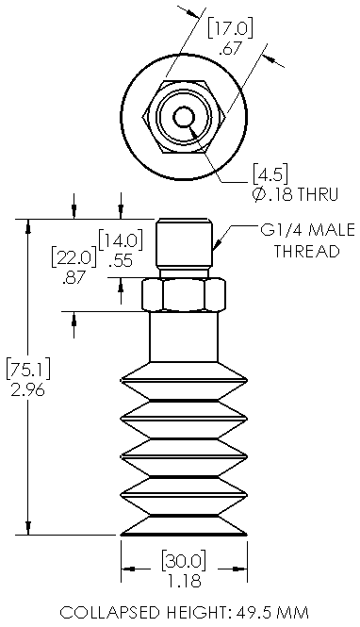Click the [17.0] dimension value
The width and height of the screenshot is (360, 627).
point(230,29)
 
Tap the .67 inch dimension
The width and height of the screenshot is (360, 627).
point(231,48)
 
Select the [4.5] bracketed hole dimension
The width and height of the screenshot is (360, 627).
point(270,174)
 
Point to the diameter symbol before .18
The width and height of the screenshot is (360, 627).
point(258,194)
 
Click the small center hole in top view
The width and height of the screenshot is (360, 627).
point(184,117)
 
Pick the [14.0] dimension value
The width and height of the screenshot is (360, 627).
point(121,241)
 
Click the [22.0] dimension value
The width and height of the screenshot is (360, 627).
point(74,258)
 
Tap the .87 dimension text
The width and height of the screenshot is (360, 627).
point(74,277)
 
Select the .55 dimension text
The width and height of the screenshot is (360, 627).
point(121,260)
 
